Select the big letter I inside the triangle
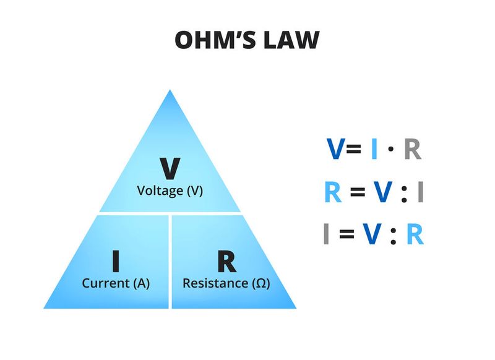point(116,262)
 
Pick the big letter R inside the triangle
point(226,262)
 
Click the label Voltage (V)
point(170,191)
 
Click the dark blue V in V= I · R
point(336,150)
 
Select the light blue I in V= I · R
point(374,150)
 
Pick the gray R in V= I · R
point(412,150)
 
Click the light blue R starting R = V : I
point(332,192)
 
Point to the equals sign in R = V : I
point(356,193)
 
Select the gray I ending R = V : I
point(420,192)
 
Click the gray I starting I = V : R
point(326,234)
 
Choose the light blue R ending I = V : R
point(415,234)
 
